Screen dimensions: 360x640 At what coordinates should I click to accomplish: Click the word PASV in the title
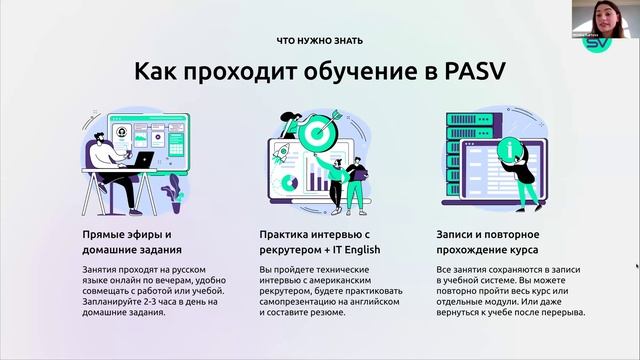click(x=479, y=75)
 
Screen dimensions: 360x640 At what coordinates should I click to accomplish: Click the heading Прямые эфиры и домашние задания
click(x=127, y=242)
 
